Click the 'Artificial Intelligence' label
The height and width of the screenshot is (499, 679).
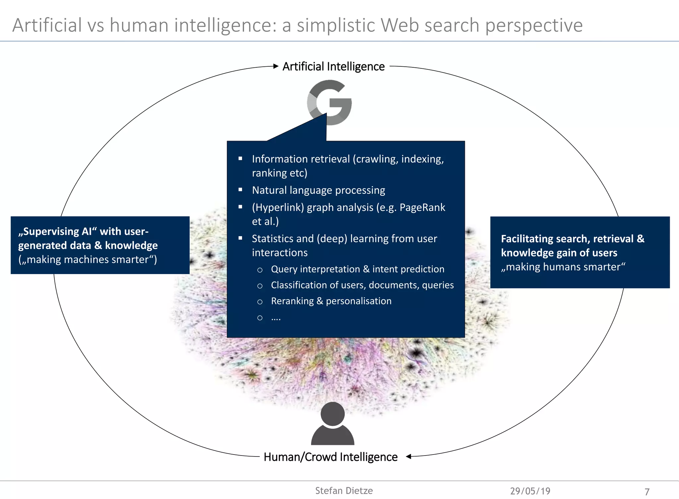(x=334, y=67)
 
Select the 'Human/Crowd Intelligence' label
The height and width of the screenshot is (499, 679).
(x=331, y=457)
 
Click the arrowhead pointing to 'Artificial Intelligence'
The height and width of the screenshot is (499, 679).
(x=276, y=66)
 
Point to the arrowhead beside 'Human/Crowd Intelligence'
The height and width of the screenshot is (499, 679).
(x=409, y=457)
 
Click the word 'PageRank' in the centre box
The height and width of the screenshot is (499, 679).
(x=422, y=207)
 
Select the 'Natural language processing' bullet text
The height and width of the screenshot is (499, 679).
(x=318, y=190)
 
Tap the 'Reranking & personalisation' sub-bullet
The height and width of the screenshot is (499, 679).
(x=331, y=301)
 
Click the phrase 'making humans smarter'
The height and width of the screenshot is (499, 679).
(x=563, y=267)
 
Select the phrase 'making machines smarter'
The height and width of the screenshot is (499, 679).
(x=88, y=259)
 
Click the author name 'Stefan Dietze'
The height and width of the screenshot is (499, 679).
(x=344, y=491)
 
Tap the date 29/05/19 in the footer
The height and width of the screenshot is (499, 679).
(x=530, y=491)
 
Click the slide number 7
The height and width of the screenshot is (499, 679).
(x=647, y=492)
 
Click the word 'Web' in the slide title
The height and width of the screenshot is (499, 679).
(x=400, y=25)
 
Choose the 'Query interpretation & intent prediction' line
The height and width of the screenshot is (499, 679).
(x=357, y=269)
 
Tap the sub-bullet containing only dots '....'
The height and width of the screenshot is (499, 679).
(x=276, y=318)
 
